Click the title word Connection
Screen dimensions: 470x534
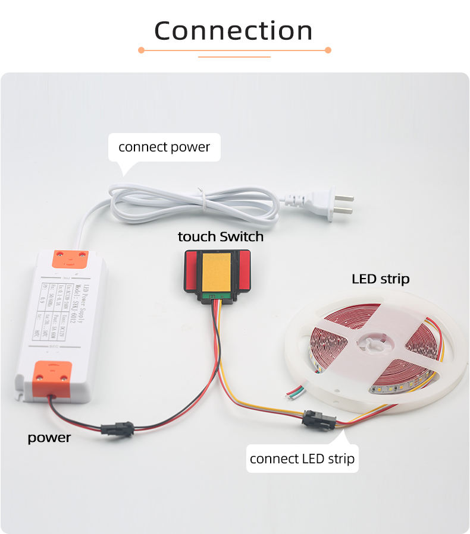(234, 31)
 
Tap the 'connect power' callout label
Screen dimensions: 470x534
(164, 147)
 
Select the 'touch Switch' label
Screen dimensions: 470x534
(220, 236)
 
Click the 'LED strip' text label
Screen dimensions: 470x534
(380, 279)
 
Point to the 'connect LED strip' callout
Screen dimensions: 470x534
(302, 459)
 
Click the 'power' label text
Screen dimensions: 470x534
(49, 438)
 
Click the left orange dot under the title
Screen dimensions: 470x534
(141, 50)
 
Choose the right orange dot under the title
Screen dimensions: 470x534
(328, 50)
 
